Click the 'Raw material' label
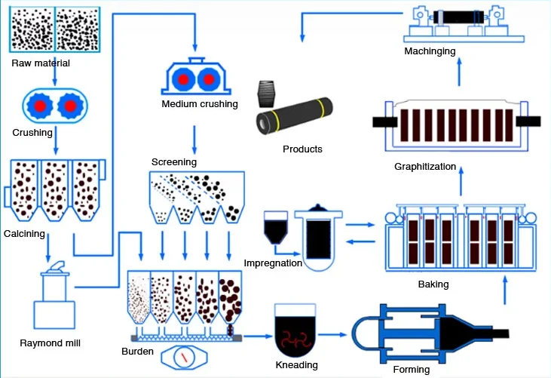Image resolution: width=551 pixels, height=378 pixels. [x=41, y=63]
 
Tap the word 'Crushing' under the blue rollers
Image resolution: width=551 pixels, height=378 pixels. [x=32, y=133]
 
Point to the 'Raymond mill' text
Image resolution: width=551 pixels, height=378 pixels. [x=51, y=343]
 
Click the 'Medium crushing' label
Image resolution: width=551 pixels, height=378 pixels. [x=200, y=103]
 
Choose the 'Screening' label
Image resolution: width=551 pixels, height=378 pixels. [x=173, y=162]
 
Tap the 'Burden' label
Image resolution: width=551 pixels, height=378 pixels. [x=138, y=352]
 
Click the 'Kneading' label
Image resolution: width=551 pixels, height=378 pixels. [x=296, y=365]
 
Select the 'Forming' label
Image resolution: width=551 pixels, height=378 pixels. [x=412, y=370]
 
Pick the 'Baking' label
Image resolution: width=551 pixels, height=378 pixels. [x=433, y=284]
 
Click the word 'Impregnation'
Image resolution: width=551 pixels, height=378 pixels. [x=273, y=263]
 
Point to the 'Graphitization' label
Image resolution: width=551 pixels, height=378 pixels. [x=425, y=167]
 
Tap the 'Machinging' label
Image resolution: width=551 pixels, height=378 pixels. [x=430, y=51]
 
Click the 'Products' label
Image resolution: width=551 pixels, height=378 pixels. [x=302, y=149]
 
